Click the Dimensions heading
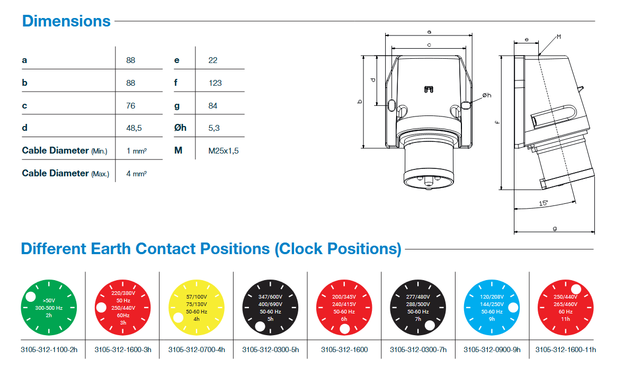coord(66,21)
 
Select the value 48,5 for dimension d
coord(134,128)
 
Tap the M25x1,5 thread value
coord(224,151)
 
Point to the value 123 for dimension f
coord(215,83)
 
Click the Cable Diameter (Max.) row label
coord(65,173)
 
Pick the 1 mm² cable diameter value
coord(136,151)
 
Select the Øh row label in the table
coord(180,128)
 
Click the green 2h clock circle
coord(49,308)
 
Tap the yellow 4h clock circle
coord(197,308)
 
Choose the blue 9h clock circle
coord(492,308)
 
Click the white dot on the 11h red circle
coord(576,289)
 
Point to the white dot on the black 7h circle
coord(430,325)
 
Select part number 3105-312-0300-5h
coord(271,350)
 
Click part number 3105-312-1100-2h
coord(49,350)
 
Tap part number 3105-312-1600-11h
coord(565,350)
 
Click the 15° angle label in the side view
coord(544,203)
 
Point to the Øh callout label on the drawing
coord(487,95)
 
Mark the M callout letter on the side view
coord(559,37)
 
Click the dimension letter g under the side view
coord(555,229)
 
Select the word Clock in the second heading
coord(301,249)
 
